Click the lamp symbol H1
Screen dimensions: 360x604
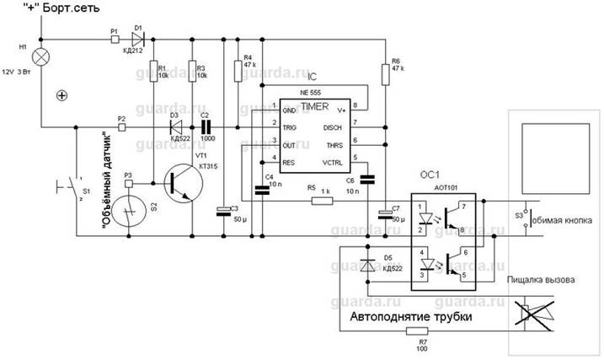40,57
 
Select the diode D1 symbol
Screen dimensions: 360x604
137,38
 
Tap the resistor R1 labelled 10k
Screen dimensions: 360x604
154,68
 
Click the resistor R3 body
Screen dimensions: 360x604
191,68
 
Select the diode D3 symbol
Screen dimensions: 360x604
176,127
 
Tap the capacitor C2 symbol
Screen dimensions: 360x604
205,127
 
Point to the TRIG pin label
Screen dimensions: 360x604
290,127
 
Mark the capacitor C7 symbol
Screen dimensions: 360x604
384,211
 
